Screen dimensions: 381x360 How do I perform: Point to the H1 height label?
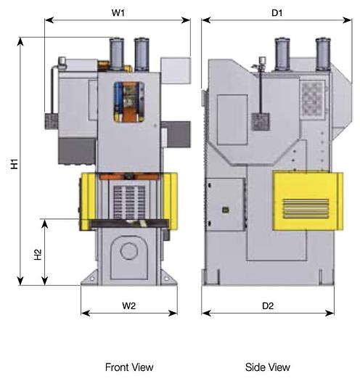[14, 165]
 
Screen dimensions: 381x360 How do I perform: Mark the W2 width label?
[128, 306]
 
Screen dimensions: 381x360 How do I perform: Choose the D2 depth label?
[267, 306]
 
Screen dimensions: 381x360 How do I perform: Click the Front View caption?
[128, 367]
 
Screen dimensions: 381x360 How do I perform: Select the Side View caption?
[267, 367]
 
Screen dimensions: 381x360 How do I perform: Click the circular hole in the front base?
[129, 251]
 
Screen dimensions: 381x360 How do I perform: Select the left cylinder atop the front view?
[118, 53]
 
